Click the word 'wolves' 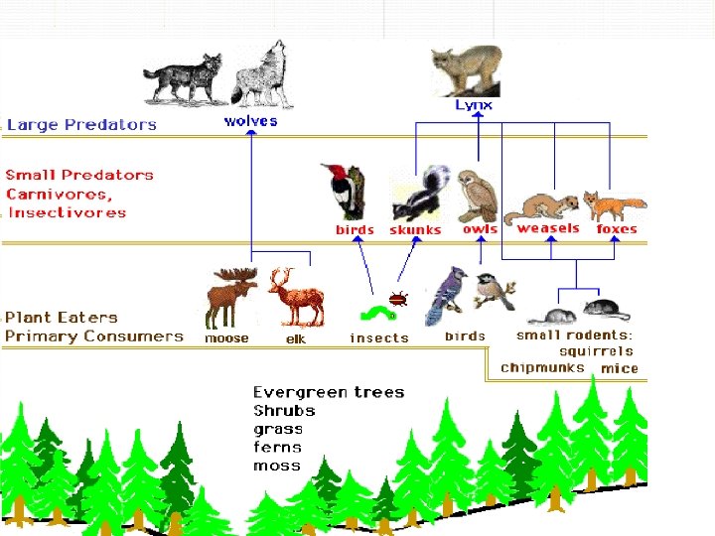[x=250, y=121]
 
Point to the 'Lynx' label [x=474, y=104]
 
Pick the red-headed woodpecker [x=345, y=192]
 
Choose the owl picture [x=477, y=196]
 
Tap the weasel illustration [x=541, y=207]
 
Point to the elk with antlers [x=295, y=296]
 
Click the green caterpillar [x=376, y=314]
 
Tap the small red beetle [x=399, y=297]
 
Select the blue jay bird [x=441, y=296]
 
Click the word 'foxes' [x=616, y=229]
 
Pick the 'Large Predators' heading [x=81, y=125]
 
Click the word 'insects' [x=378, y=338]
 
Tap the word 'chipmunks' [x=542, y=367]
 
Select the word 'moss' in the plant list [x=276, y=466]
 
